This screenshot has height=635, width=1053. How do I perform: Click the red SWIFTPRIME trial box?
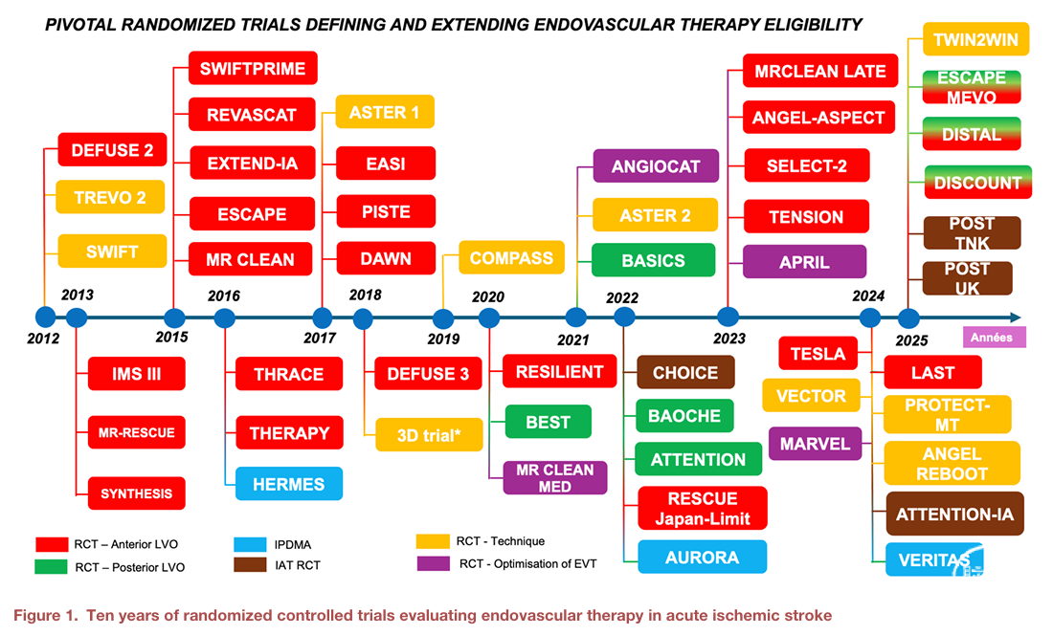[253, 69]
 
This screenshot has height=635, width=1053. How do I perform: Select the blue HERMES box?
[288, 484]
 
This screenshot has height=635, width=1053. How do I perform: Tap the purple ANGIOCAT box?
[656, 166]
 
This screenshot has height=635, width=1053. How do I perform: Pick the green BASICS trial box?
[653, 260]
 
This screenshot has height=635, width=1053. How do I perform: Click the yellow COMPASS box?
[511, 258]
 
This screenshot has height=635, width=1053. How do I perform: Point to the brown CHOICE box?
[685, 372]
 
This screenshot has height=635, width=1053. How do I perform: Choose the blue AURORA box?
[702, 557]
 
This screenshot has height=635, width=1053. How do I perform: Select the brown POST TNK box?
[972, 232]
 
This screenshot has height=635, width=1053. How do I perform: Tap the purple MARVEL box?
[814, 444]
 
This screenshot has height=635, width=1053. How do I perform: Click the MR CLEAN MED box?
[555, 478]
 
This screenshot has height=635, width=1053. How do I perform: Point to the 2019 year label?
[443, 339]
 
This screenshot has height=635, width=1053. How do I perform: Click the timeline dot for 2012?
[44, 317]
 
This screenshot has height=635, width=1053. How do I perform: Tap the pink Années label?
[993, 337]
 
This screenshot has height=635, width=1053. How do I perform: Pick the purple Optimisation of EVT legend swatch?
[435, 563]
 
